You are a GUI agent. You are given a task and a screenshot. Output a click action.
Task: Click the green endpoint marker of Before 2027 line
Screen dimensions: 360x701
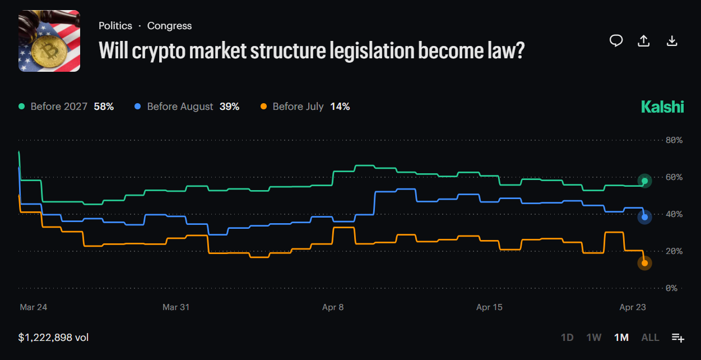pyautogui.click(x=645, y=181)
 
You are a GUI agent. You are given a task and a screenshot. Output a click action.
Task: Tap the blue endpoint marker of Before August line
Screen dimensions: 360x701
pyautogui.click(x=645, y=217)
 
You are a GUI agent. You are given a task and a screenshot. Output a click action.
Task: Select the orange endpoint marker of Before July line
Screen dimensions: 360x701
pyautogui.click(x=645, y=263)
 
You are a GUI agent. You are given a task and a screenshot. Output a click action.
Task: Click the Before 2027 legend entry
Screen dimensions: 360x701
pyautogui.click(x=66, y=107)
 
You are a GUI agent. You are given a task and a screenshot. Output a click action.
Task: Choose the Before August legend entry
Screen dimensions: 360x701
pyautogui.click(x=187, y=107)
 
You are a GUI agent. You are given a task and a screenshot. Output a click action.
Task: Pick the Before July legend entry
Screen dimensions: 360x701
pyautogui.click(x=305, y=107)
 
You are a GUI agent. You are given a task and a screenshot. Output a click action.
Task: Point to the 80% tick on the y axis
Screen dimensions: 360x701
pyautogui.click(x=673, y=140)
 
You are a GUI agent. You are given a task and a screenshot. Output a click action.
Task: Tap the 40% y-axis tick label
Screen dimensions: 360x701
pyautogui.click(x=673, y=214)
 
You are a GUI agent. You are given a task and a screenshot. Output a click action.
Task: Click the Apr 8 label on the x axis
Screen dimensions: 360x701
pyautogui.click(x=333, y=307)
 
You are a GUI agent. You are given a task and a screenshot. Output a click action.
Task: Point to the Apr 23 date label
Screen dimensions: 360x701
pyautogui.click(x=633, y=307)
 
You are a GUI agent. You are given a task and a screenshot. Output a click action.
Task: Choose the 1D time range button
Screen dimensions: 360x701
pyautogui.click(x=567, y=338)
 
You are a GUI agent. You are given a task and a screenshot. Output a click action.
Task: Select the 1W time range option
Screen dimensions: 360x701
pyautogui.click(x=593, y=338)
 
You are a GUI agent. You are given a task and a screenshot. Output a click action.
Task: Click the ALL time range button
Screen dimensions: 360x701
pyautogui.click(x=650, y=338)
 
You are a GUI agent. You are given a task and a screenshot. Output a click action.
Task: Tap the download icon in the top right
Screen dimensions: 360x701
pyautogui.click(x=672, y=41)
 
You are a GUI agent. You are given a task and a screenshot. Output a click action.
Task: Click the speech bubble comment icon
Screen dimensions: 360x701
pyautogui.click(x=616, y=41)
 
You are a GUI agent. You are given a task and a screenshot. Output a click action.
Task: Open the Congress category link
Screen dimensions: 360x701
pyautogui.click(x=169, y=26)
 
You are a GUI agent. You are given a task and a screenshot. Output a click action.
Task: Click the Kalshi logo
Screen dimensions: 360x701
pyautogui.click(x=662, y=107)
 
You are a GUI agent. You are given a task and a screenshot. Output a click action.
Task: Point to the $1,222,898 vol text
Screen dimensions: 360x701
pyautogui.click(x=53, y=338)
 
